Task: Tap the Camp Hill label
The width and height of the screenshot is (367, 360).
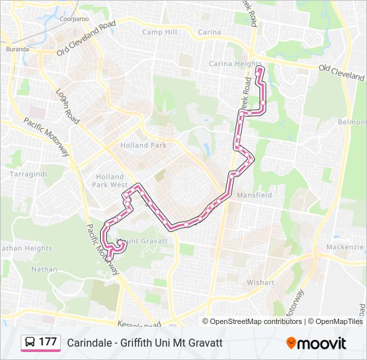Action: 159,32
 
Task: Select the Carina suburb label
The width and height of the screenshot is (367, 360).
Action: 210,32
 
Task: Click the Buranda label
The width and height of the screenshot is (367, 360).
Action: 17,49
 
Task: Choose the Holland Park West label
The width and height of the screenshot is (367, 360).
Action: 109,181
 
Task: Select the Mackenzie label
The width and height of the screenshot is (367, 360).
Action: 344,247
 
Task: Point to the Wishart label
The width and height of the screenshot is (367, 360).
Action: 260,283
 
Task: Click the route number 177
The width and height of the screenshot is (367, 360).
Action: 47,342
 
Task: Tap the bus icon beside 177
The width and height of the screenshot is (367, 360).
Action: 30,342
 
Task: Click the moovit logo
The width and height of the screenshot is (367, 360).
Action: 316,343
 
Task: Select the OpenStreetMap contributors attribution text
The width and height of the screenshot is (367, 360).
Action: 256,321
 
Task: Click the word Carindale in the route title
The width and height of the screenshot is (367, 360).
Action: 87,343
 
